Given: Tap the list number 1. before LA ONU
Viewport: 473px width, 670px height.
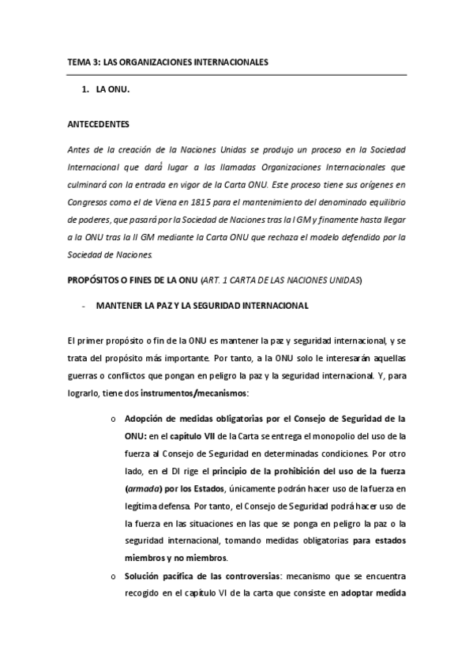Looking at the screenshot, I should coord(86,91).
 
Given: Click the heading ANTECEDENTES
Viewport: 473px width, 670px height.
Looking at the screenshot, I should coord(98,124).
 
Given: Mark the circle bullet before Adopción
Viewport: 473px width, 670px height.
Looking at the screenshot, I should coord(115,419).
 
